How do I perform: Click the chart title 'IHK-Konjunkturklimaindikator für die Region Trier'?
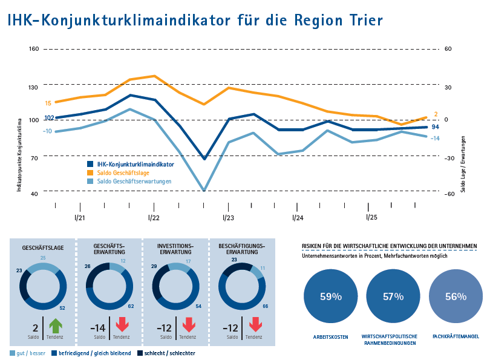click(x=195, y=20)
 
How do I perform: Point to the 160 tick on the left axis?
click(x=34, y=49)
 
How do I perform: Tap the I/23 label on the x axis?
click(x=228, y=217)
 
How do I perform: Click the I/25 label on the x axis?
click(x=371, y=217)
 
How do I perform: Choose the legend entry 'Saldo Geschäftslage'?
click(x=123, y=172)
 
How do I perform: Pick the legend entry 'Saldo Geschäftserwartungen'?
click(x=134, y=181)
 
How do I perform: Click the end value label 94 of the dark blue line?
click(x=435, y=127)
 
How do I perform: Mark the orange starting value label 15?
click(x=48, y=103)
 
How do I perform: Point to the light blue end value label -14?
click(x=435, y=138)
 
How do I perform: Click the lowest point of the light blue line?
click(x=204, y=191)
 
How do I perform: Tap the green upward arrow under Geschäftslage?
click(x=56, y=326)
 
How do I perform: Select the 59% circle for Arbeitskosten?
click(x=331, y=296)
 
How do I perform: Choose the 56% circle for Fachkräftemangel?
click(x=456, y=296)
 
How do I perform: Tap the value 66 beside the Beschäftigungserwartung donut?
click(x=266, y=306)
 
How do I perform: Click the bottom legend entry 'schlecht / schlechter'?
click(x=170, y=353)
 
